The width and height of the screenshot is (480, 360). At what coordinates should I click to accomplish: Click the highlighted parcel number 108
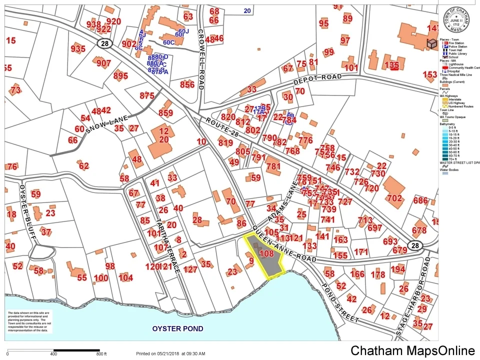[x=267, y=254]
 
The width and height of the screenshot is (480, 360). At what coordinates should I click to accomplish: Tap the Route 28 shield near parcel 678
[x=414, y=245]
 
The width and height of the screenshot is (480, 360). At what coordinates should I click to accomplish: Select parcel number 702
[x=394, y=198]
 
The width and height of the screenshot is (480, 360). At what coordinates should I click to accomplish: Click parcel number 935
[x=78, y=49]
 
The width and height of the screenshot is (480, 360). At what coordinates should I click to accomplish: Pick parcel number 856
[x=187, y=84]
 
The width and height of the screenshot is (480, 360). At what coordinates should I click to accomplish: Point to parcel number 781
[x=273, y=166]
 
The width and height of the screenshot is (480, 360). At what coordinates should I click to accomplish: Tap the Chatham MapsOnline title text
[x=412, y=351]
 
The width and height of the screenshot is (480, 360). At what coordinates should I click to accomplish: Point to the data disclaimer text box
[x=28, y=323]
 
